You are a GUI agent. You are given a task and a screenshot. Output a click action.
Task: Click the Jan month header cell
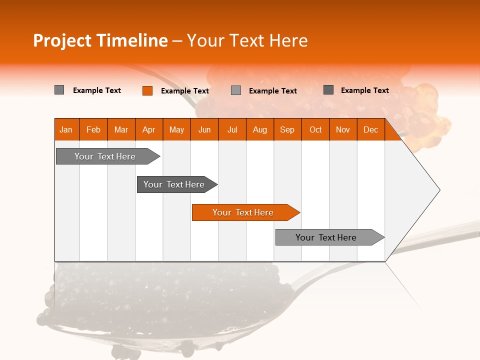click(66, 129)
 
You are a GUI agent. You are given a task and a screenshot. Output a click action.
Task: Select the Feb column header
click(93, 129)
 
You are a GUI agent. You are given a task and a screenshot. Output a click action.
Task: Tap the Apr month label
click(148, 129)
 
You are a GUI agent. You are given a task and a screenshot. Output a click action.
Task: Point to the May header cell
click(176, 129)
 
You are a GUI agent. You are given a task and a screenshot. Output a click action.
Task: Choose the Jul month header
click(232, 129)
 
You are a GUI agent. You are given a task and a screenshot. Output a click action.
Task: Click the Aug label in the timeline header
click(259, 129)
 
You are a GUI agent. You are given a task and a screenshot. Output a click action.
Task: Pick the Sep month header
click(287, 129)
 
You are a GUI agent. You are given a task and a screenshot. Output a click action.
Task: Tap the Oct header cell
click(315, 129)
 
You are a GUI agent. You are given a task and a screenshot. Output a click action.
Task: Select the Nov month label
click(343, 129)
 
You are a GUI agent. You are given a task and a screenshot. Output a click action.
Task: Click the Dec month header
click(370, 129)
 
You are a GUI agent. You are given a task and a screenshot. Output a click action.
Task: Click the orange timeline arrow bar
click(243, 212)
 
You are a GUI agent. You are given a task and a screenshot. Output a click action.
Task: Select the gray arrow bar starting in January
click(105, 156)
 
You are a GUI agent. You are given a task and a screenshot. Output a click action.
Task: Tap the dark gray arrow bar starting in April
click(174, 184)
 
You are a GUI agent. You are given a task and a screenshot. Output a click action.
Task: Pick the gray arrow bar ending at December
click(326, 237)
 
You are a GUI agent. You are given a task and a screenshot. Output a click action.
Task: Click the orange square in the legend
click(147, 90)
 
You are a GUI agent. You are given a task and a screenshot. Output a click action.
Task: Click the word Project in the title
click(62, 40)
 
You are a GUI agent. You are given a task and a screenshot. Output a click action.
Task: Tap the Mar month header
click(121, 129)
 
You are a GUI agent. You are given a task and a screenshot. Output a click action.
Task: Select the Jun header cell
click(204, 129)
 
